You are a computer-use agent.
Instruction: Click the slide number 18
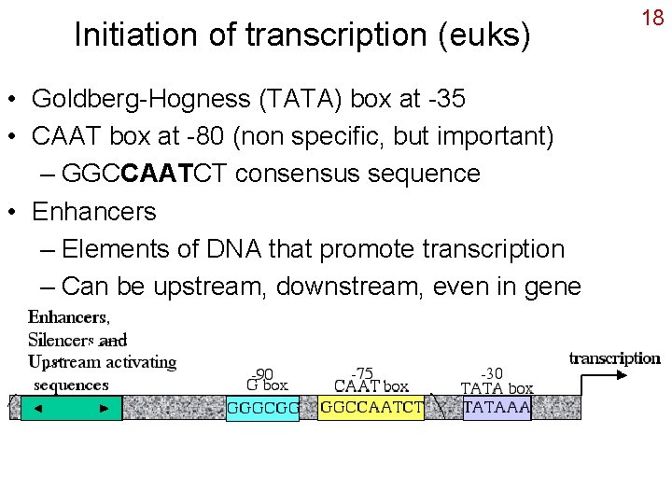coord(653,18)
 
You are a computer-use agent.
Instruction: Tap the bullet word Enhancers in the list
coord(93,211)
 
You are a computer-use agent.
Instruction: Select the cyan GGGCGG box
coord(263,408)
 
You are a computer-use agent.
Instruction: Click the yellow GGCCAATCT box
coord(371,408)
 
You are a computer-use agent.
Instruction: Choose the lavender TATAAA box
coord(497,408)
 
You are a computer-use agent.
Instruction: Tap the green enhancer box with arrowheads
coord(72,408)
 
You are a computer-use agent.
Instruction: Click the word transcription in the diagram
coord(615,358)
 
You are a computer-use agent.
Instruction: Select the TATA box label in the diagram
coord(497,388)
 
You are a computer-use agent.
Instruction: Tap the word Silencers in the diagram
coord(63,340)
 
